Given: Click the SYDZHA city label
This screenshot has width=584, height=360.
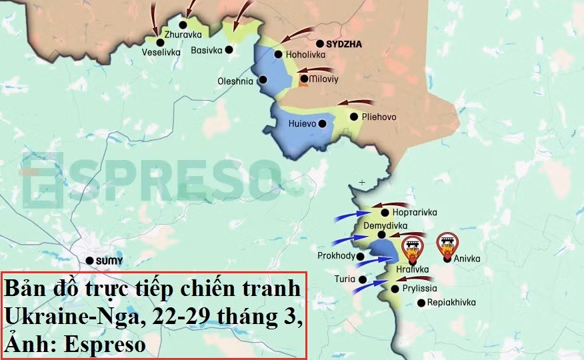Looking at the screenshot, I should (x=344, y=43).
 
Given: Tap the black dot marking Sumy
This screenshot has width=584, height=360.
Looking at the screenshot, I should (x=89, y=261).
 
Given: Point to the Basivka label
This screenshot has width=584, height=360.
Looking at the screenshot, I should (x=207, y=49).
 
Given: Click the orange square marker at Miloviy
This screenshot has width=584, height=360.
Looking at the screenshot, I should (x=304, y=79).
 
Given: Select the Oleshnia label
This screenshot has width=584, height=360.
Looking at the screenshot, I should (x=235, y=81).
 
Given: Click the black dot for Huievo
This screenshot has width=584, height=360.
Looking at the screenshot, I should (x=322, y=123).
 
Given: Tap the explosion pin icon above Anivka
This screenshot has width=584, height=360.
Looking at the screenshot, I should (x=447, y=245).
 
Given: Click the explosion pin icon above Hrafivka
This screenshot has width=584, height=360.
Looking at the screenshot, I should (x=412, y=249).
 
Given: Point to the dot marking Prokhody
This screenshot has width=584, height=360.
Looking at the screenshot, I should (x=361, y=256).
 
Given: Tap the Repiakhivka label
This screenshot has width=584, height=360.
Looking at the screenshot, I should (x=451, y=303).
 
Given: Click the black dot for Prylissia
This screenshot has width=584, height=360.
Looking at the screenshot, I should (x=395, y=289).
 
